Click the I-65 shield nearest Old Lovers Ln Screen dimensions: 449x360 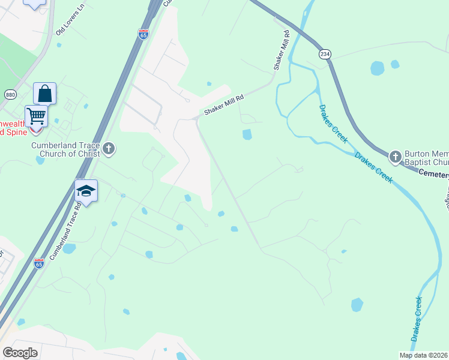point(143,34)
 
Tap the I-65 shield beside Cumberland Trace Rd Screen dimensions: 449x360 point(39,263)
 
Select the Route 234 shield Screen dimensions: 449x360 point(325,54)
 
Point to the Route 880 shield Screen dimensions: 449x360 point(10,94)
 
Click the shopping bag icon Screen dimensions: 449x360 point(44,94)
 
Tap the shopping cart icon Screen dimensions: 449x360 point(36,115)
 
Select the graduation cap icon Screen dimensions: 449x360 point(86,191)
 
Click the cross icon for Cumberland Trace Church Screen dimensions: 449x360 point(108,148)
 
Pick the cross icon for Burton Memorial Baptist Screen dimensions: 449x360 point(395,157)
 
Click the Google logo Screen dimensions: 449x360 point(20,352)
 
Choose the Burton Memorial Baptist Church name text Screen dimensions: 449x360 point(427,157)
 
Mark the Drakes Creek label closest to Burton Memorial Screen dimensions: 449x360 point(373,167)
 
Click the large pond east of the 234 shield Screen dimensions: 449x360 point(378,68)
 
